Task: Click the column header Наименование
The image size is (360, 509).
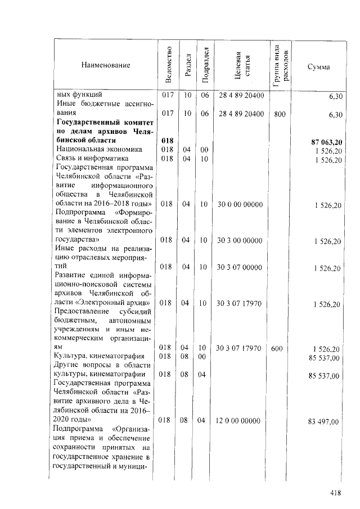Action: [106, 66]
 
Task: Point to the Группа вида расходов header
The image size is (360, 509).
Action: [280, 66]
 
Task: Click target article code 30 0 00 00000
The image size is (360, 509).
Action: [240, 204]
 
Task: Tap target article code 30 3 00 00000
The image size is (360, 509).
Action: [240, 240]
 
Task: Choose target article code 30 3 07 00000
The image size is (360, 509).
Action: [240, 267]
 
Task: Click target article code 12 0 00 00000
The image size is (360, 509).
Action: [240, 420]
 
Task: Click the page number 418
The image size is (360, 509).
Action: [336, 493]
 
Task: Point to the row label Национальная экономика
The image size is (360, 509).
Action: [94, 149]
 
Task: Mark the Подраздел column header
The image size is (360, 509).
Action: [205, 66]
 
